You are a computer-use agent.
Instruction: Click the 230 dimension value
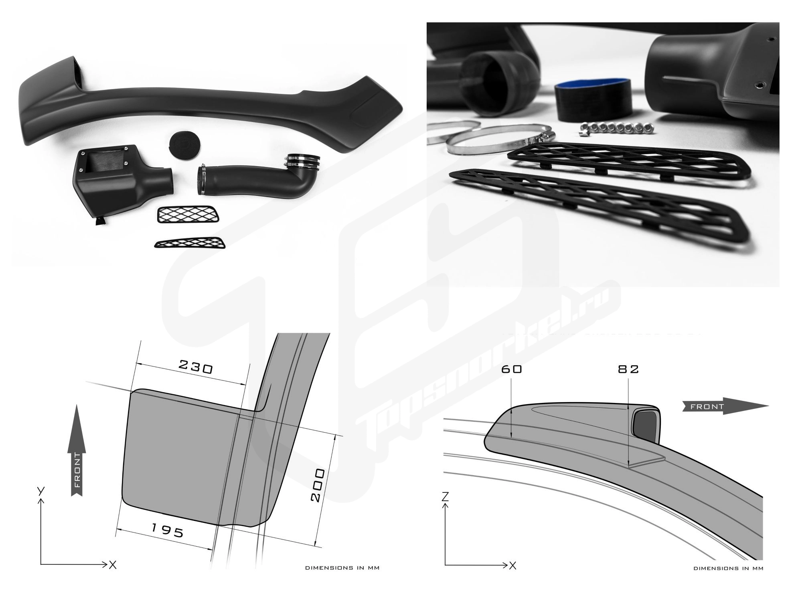tap(195, 367)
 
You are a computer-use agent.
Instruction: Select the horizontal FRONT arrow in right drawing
tap(725, 407)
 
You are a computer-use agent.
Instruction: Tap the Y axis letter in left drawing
tap(40, 491)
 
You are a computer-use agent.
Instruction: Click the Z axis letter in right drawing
tap(445, 497)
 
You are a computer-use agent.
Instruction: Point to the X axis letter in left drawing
tap(113, 565)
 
